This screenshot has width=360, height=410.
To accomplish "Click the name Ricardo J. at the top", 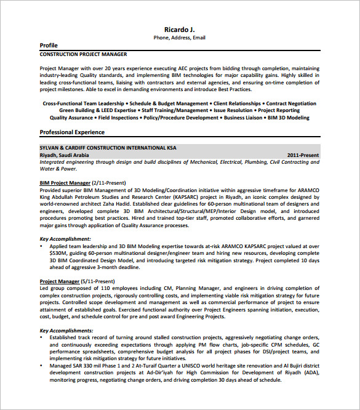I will (180, 29).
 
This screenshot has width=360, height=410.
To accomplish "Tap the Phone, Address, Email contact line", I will (180, 38).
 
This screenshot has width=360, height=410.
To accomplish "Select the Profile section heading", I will (49, 46).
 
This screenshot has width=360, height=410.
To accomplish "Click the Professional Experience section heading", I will (72, 132).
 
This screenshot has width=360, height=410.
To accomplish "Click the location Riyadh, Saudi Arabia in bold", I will (64, 155).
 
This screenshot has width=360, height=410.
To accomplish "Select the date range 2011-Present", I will (303, 155).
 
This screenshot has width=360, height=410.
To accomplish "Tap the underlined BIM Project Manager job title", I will (65, 183).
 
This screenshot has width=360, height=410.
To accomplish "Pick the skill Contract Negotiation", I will (291, 103).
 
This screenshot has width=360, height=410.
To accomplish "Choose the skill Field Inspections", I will (118, 117).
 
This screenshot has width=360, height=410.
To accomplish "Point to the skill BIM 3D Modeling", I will (289, 117).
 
